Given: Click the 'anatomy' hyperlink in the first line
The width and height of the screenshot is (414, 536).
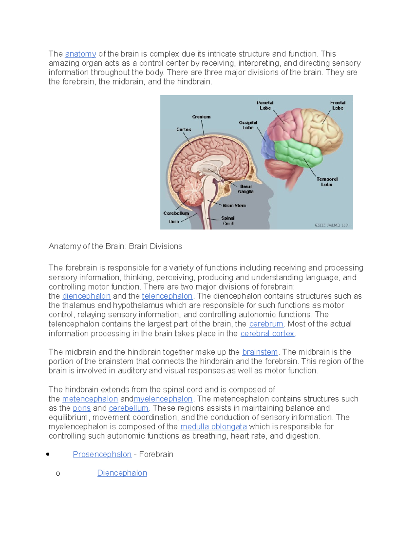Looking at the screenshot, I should (x=80, y=54).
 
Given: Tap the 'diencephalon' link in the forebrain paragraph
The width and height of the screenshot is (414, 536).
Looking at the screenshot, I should (x=86, y=296).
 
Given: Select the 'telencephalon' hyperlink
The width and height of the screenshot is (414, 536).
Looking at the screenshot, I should (x=167, y=296).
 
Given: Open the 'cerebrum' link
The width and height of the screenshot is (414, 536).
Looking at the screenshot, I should (x=266, y=324).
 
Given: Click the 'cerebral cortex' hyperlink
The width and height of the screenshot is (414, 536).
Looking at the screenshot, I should (x=267, y=333).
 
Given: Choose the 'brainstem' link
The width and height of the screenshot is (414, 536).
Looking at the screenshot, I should (x=260, y=352).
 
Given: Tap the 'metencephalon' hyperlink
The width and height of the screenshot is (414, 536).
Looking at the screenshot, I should (x=90, y=399).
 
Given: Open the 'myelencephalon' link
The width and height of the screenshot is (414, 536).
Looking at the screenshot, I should (x=163, y=399).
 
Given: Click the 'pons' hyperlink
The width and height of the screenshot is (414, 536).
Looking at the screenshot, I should (x=82, y=408).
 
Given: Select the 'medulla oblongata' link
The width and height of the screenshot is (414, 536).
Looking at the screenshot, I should (x=214, y=427).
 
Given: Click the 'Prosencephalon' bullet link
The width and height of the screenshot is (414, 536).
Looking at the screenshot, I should (x=102, y=455).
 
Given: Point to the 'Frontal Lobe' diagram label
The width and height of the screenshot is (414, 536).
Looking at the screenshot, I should (x=338, y=105).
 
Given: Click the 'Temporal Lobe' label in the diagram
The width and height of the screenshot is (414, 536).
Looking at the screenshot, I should (x=327, y=182).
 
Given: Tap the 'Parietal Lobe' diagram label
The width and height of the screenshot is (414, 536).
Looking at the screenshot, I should (x=265, y=105).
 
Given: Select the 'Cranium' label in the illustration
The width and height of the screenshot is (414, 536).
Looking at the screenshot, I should (x=201, y=117).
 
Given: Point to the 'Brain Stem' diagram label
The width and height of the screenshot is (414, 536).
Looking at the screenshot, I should (x=234, y=206).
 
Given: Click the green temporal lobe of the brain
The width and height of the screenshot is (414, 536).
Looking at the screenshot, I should (x=297, y=152).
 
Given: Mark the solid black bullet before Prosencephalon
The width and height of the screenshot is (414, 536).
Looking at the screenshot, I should (x=48, y=455).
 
